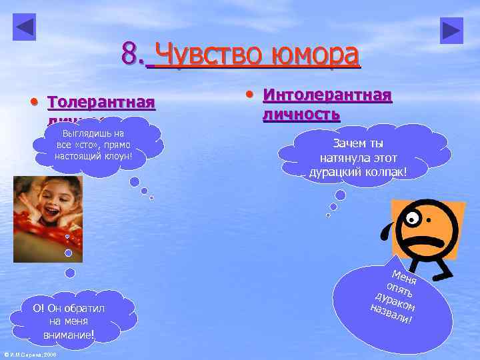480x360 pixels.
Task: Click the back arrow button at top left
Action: (x=24, y=27)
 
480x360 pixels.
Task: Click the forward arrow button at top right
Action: (x=451, y=30)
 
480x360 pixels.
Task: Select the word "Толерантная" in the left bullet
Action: (x=101, y=103)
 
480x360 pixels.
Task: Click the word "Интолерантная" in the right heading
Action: (x=327, y=95)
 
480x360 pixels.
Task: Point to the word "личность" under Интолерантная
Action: (x=301, y=113)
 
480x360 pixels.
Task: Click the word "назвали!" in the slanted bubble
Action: (x=391, y=317)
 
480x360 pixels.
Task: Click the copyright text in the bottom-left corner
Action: (x=30, y=355)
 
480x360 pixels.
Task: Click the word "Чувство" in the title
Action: (x=209, y=55)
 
